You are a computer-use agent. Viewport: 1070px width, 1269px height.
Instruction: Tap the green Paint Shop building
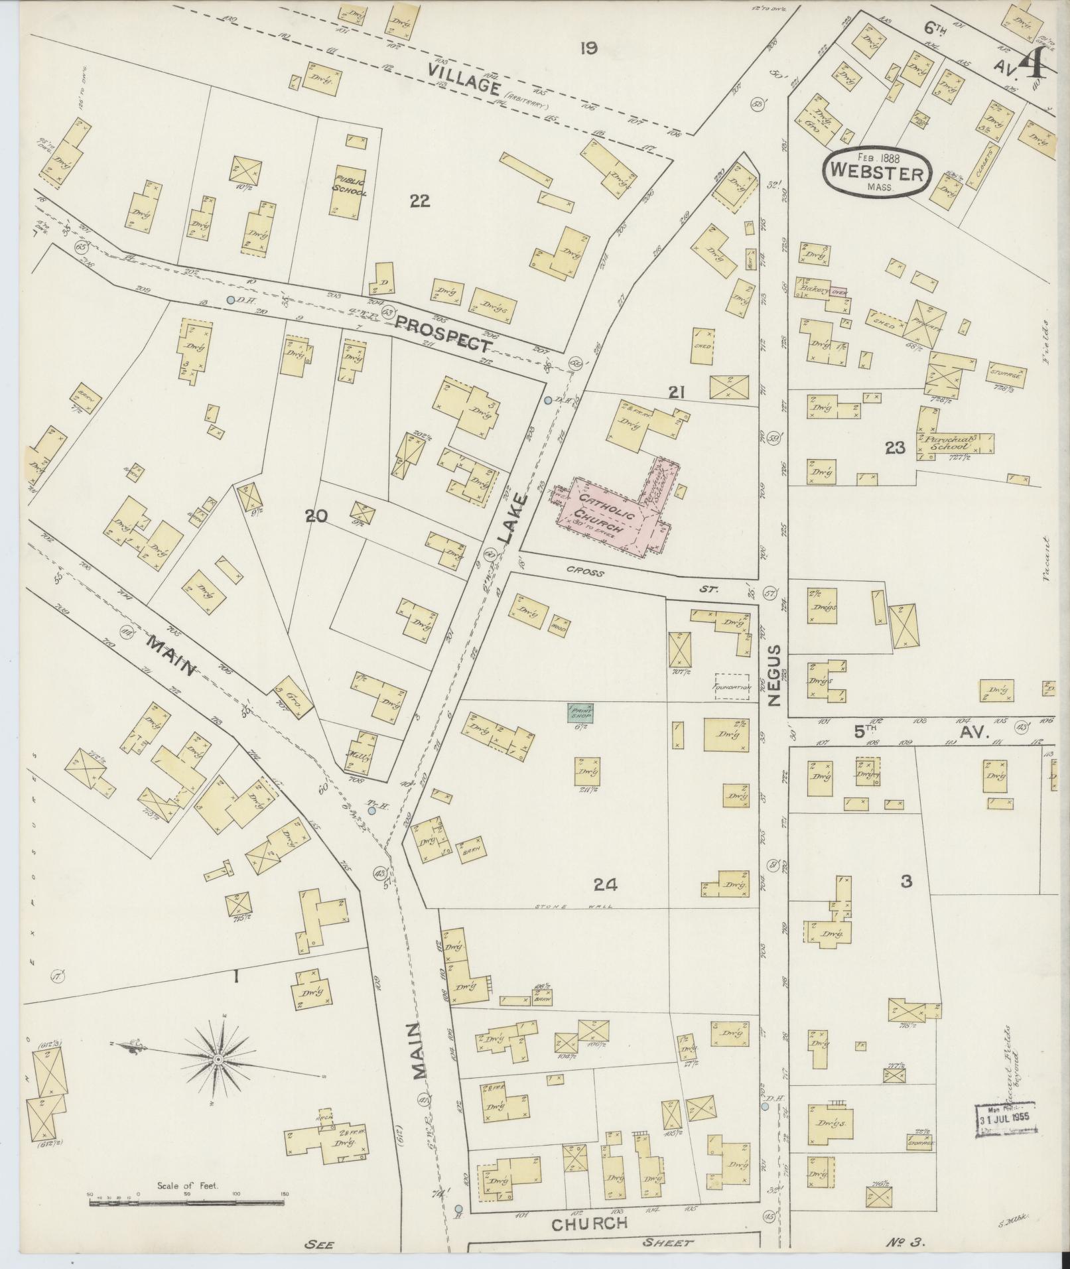[x=580, y=713]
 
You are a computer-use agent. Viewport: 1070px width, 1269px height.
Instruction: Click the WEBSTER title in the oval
[x=877, y=174]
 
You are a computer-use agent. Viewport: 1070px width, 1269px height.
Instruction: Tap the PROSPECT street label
[x=443, y=333]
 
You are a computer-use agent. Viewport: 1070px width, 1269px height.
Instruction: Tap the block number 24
[x=605, y=884]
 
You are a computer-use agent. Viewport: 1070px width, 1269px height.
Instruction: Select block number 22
[x=419, y=200]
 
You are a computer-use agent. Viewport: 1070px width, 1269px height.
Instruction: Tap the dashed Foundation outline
[x=733, y=687]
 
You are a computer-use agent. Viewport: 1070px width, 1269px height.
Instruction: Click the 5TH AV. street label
[x=921, y=732]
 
